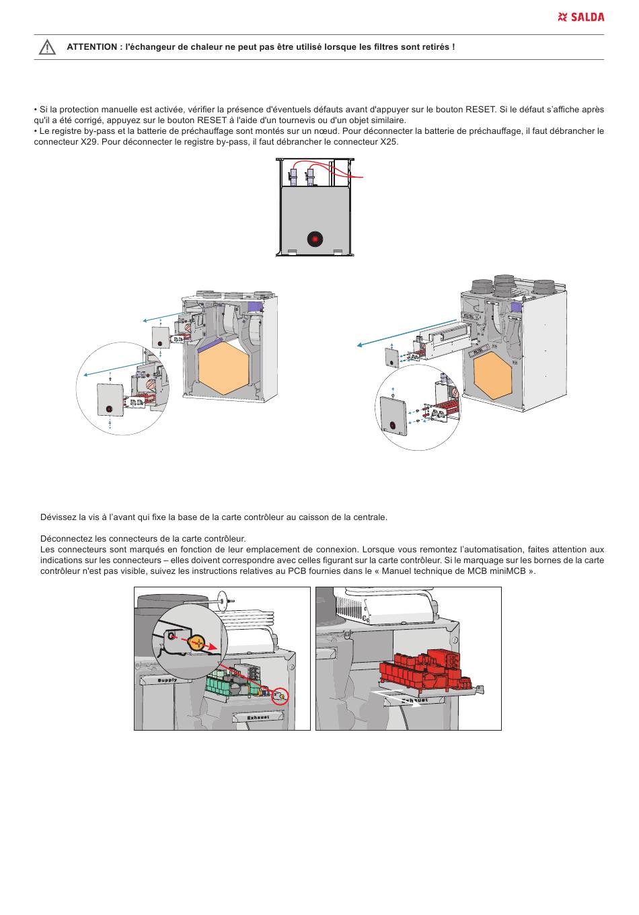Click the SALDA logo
581,17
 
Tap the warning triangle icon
47,47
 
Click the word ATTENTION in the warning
91,47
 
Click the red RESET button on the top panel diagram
314,239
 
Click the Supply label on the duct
167,680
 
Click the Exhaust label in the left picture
258,717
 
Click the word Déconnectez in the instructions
65,538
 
